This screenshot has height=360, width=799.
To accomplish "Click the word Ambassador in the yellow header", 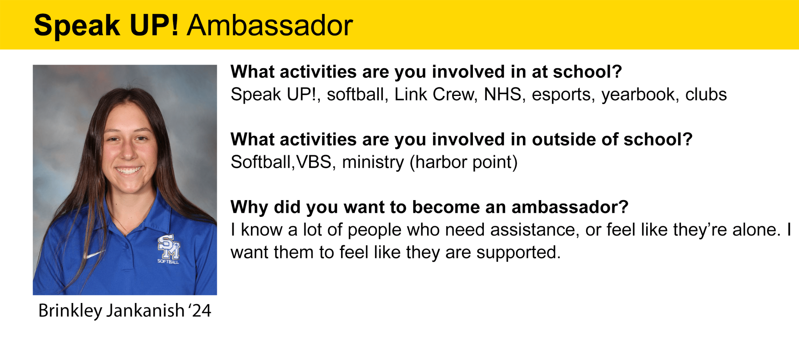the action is tap(269, 25).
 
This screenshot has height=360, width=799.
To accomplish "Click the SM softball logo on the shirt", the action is tap(169, 249).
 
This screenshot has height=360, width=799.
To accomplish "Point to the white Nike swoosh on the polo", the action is tap(95, 254).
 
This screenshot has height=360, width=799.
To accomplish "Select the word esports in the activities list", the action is tap(563, 95).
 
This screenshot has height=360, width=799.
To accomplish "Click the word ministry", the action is tap(373, 162).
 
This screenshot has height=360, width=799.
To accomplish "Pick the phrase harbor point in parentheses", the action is tap(463, 162).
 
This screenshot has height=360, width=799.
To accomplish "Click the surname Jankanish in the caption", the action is tap(145, 311).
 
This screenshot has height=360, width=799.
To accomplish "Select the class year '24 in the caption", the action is tap(199, 311).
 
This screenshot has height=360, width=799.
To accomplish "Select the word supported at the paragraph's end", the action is tap(519, 253).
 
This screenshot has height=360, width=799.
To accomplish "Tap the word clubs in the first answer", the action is tap(706, 94).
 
